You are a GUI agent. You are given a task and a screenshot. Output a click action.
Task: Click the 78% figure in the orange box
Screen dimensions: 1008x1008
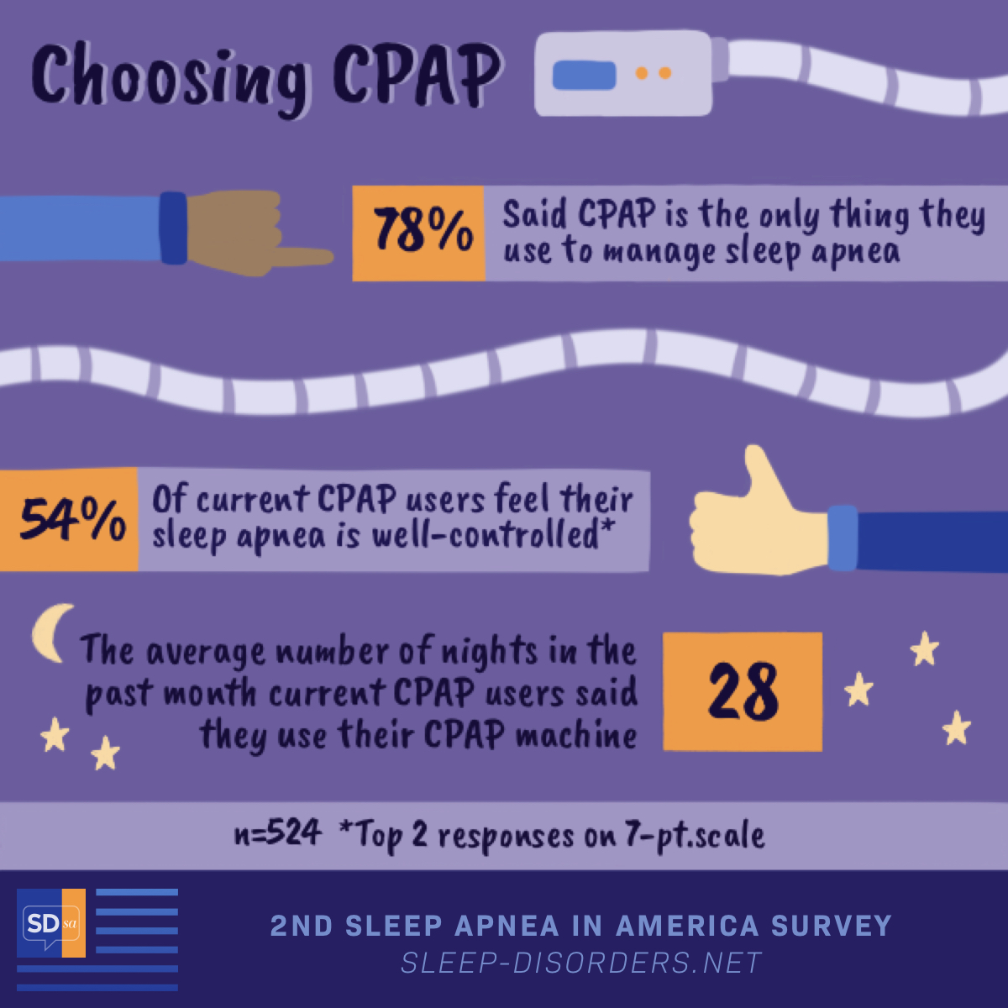423,231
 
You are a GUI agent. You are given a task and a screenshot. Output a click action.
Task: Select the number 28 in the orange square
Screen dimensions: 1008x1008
743,691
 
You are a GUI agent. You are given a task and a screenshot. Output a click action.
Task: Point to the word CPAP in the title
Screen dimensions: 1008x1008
417,74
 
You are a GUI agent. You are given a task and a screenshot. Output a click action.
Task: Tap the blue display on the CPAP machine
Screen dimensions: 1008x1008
584,75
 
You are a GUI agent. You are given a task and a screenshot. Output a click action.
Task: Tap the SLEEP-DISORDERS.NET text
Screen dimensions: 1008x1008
581,963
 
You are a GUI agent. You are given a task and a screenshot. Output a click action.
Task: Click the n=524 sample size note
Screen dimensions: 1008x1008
277,833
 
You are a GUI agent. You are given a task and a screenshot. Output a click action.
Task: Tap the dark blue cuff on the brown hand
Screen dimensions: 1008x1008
173,228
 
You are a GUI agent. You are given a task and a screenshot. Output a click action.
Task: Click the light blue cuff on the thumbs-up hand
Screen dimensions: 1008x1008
843,538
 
